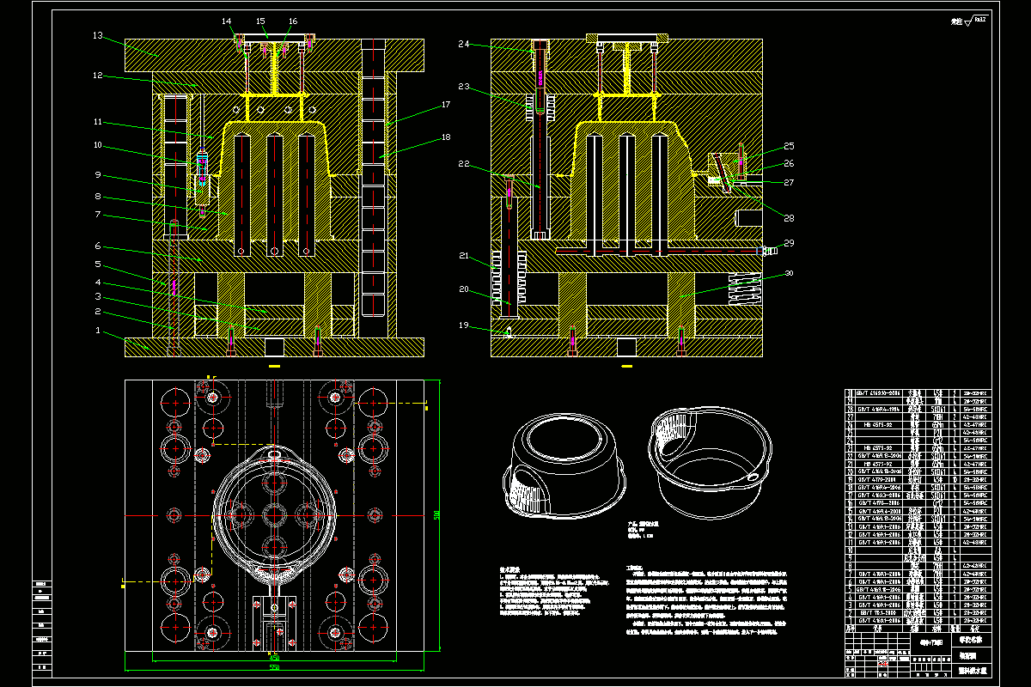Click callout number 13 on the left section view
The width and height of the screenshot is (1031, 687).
(x=98, y=36)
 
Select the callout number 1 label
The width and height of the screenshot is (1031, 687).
(x=98, y=330)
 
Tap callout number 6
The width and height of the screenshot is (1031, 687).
(x=98, y=246)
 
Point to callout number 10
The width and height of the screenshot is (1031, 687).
(x=98, y=144)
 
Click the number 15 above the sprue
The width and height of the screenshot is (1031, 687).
(x=260, y=21)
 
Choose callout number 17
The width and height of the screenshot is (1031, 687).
(x=446, y=105)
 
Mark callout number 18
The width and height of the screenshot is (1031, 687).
(x=446, y=137)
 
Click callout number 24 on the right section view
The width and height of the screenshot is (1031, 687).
(x=464, y=44)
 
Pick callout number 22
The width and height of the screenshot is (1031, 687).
(x=464, y=164)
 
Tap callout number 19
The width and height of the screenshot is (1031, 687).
(x=464, y=325)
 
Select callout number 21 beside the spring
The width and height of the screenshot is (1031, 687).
(x=464, y=256)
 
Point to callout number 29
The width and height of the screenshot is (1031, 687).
(x=789, y=243)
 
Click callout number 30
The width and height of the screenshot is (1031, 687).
(x=789, y=275)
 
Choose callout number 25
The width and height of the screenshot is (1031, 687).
(x=789, y=146)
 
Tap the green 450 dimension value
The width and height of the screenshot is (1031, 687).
(x=275, y=658)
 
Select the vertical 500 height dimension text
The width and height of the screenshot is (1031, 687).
(x=437, y=515)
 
